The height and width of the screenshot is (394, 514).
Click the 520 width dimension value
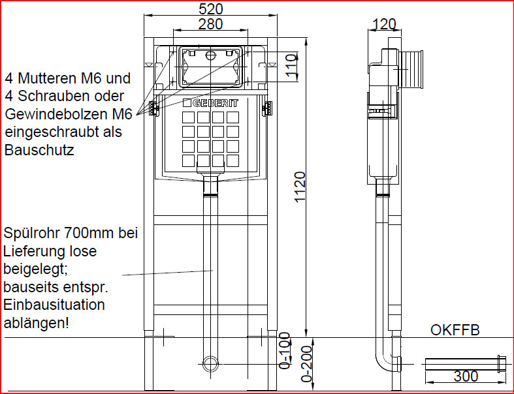(x=211, y=8)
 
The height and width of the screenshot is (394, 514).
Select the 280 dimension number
(x=211, y=24)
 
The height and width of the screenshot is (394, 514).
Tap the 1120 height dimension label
(x=300, y=187)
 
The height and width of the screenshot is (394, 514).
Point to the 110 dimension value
(x=291, y=66)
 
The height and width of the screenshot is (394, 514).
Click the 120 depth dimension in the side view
(x=385, y=24)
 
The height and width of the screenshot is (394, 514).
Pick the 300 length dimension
(x=466, y=376)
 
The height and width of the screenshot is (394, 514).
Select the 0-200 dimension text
(x=306, y=363)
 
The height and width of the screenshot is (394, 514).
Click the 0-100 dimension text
(x=285, y=350)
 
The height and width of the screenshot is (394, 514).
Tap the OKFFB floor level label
(x=455, y=330)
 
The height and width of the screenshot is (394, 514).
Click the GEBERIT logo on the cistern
(x=211, y=103)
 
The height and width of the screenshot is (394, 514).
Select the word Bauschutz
(x=39, y=150)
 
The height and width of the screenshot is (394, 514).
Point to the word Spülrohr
(x=32, y=234)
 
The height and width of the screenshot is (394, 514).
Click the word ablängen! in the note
(x=37, y=324)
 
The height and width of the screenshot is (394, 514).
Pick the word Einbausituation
(x=54, y=305)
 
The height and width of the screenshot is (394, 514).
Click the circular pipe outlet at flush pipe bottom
(x=210, y=364)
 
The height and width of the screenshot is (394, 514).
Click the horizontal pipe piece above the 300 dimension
(x=468, y=363)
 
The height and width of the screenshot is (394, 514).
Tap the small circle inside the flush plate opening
(x=210, y=55)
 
